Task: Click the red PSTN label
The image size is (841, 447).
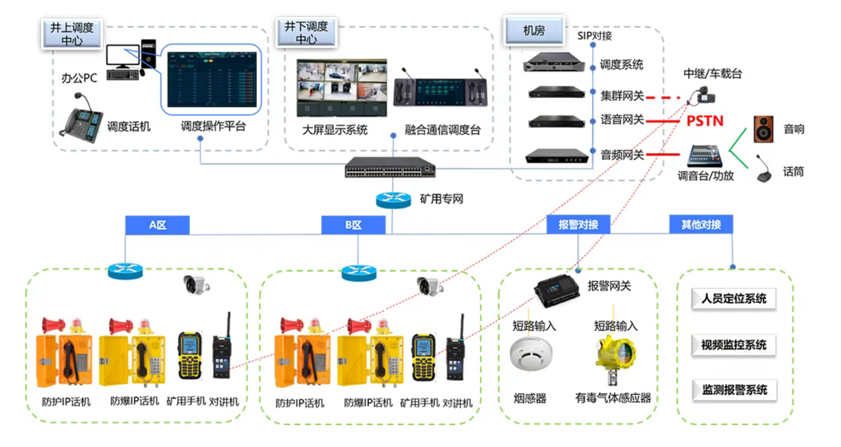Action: coord(705,121)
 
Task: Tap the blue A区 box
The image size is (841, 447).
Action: coord(157,225)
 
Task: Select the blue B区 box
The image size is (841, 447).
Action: coord(353,225)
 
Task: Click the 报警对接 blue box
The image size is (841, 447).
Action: coord(578,225)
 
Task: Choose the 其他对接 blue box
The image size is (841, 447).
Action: coord(701,224)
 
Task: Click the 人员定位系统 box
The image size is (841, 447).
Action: coord(733,299)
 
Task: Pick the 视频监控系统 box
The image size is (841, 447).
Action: coord(733,345)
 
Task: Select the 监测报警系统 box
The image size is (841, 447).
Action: coord(733,390)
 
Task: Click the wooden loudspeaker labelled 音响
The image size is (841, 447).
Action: coord(764,129)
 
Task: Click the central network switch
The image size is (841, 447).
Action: coord(390,167)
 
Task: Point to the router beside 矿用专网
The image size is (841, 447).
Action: coord(393,200)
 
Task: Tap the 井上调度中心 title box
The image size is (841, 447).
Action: coord(71,34)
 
